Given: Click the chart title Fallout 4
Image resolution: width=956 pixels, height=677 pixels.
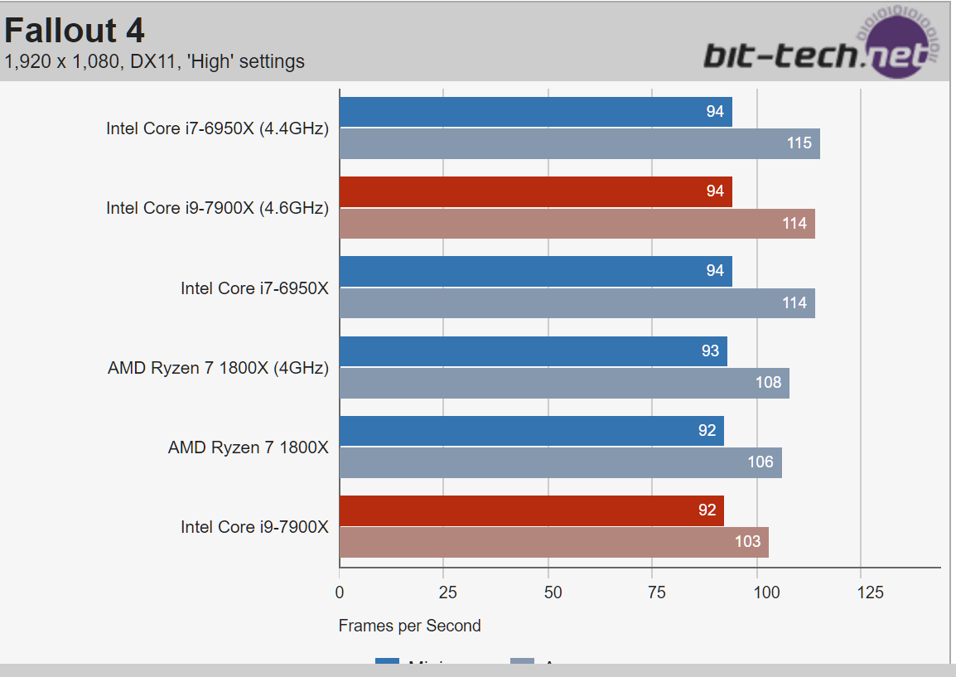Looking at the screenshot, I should click(x=75, y=31).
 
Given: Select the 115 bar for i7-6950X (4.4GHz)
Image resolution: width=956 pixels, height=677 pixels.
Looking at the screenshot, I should click(x=579, y=143).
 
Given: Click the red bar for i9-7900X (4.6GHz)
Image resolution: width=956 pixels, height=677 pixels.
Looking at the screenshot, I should click(x=535, y=191).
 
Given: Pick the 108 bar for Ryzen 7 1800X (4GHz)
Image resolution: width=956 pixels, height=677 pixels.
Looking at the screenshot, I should click(x=564, y=383).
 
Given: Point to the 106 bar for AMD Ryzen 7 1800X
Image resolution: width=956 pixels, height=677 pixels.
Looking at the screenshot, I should click(x=560, y=462).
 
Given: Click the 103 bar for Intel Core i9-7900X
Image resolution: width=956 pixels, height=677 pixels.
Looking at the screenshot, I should click(x=553, y=542).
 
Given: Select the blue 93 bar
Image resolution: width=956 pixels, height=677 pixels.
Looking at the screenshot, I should click(x=533, y=351).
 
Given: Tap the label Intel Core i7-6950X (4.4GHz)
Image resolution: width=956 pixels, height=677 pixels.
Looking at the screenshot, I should click(x=217, y=128).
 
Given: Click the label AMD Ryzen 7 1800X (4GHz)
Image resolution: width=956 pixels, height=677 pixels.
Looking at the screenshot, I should click(x=218, y=368).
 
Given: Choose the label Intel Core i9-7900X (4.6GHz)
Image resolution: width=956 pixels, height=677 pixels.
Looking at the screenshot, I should click(x=217, y=208).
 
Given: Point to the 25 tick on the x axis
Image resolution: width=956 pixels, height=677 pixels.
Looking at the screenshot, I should click(x=447, y=592).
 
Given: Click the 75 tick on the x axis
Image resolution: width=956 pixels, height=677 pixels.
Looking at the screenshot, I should click(x=656, y=592).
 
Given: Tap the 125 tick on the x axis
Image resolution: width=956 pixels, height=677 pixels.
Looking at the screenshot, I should click(x=871, y=592).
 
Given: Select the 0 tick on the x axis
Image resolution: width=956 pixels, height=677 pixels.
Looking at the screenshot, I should click(x=340, y=592).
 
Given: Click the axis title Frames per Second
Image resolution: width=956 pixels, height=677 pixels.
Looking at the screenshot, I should click(x=409, y=626).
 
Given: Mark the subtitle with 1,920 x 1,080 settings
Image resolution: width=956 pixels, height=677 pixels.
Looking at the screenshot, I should click(x=154, y=61).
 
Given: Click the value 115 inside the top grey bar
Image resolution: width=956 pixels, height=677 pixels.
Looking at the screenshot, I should click(x=799, y=143).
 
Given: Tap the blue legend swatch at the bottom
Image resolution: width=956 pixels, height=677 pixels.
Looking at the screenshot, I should click(x=388, y=663).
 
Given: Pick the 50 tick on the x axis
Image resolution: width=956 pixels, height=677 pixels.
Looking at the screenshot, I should click(x=552, y=592).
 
